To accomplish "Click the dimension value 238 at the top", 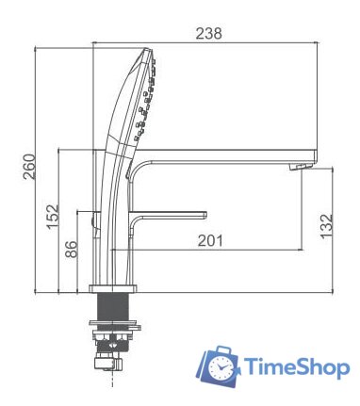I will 208,33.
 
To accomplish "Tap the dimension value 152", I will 53,216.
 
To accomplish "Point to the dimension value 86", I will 71,251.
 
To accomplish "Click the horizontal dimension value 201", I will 210,240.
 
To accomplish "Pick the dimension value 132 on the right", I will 326,226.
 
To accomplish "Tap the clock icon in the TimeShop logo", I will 221,366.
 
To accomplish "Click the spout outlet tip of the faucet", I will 301,168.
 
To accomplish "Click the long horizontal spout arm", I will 226,152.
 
